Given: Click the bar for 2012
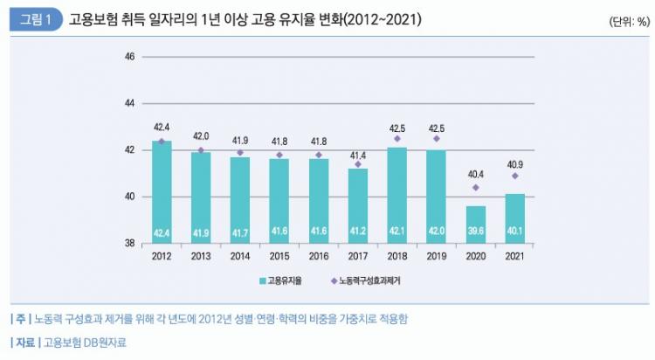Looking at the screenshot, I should point(161,191).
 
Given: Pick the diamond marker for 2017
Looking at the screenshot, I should point(358,163).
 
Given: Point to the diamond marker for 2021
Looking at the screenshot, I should point(515,176).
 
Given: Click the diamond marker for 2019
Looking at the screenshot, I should point(437,138).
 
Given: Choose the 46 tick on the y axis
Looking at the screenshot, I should point(129,57).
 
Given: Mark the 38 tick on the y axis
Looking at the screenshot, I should point(129,243).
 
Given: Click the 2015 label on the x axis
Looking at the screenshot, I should point(279,257).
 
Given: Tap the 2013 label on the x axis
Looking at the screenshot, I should point(200,257).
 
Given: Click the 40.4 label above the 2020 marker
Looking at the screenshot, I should point(475,173).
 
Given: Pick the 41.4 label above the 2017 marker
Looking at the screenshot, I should point(357,155).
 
